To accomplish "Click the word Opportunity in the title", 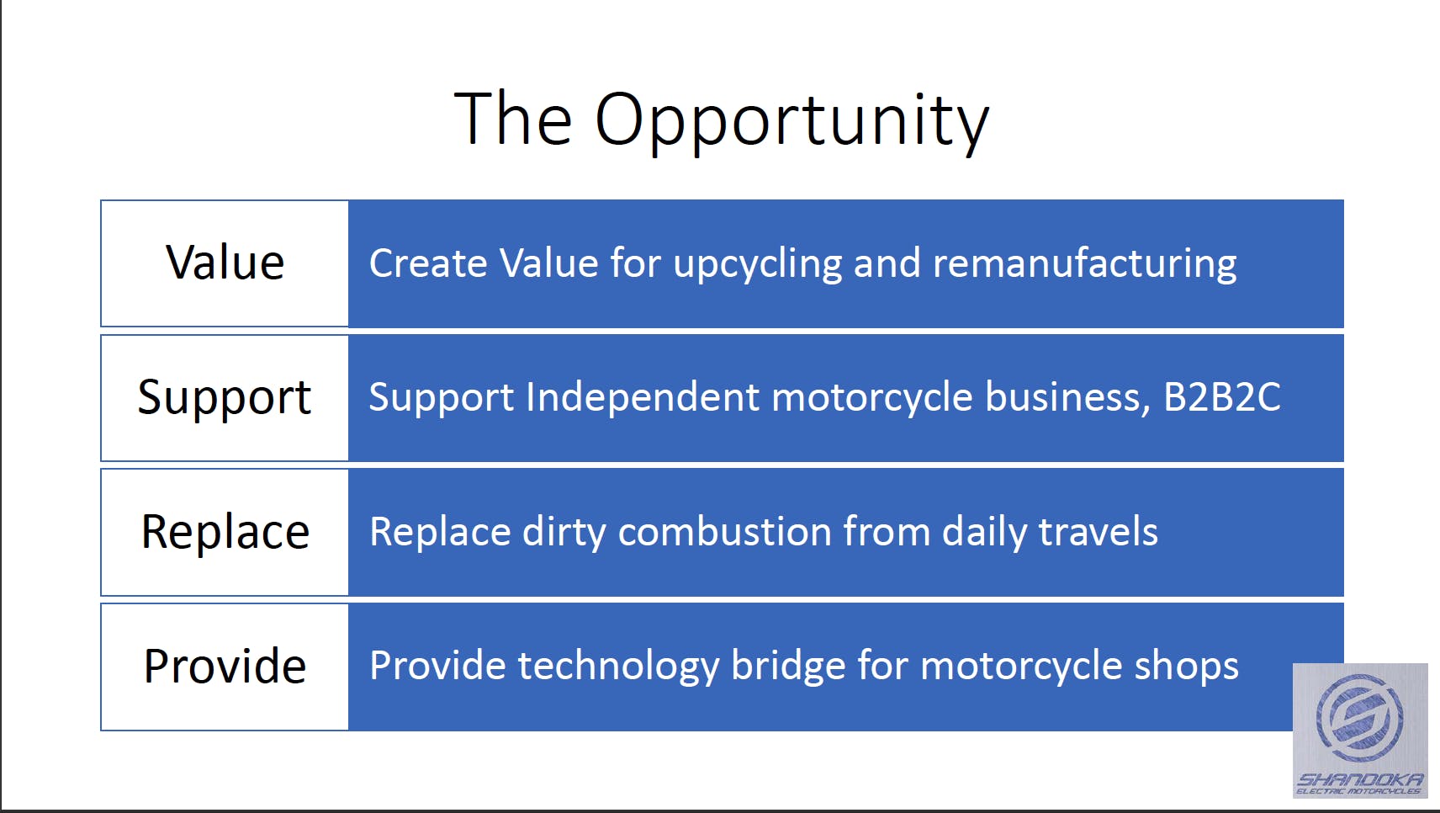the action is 792,122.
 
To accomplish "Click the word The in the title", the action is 513,119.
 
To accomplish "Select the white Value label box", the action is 225,263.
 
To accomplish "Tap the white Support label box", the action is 225,398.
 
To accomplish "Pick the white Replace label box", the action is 225,533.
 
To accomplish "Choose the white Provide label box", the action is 225,667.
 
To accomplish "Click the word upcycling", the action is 757,265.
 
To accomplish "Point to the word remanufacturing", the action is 1084,265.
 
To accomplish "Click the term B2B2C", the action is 1222,397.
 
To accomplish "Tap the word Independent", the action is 643,397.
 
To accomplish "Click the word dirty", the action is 564,533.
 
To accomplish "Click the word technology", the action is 618,667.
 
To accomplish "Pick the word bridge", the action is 788,667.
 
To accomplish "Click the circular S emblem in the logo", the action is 1359,717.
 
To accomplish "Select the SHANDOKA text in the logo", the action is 1359,779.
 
